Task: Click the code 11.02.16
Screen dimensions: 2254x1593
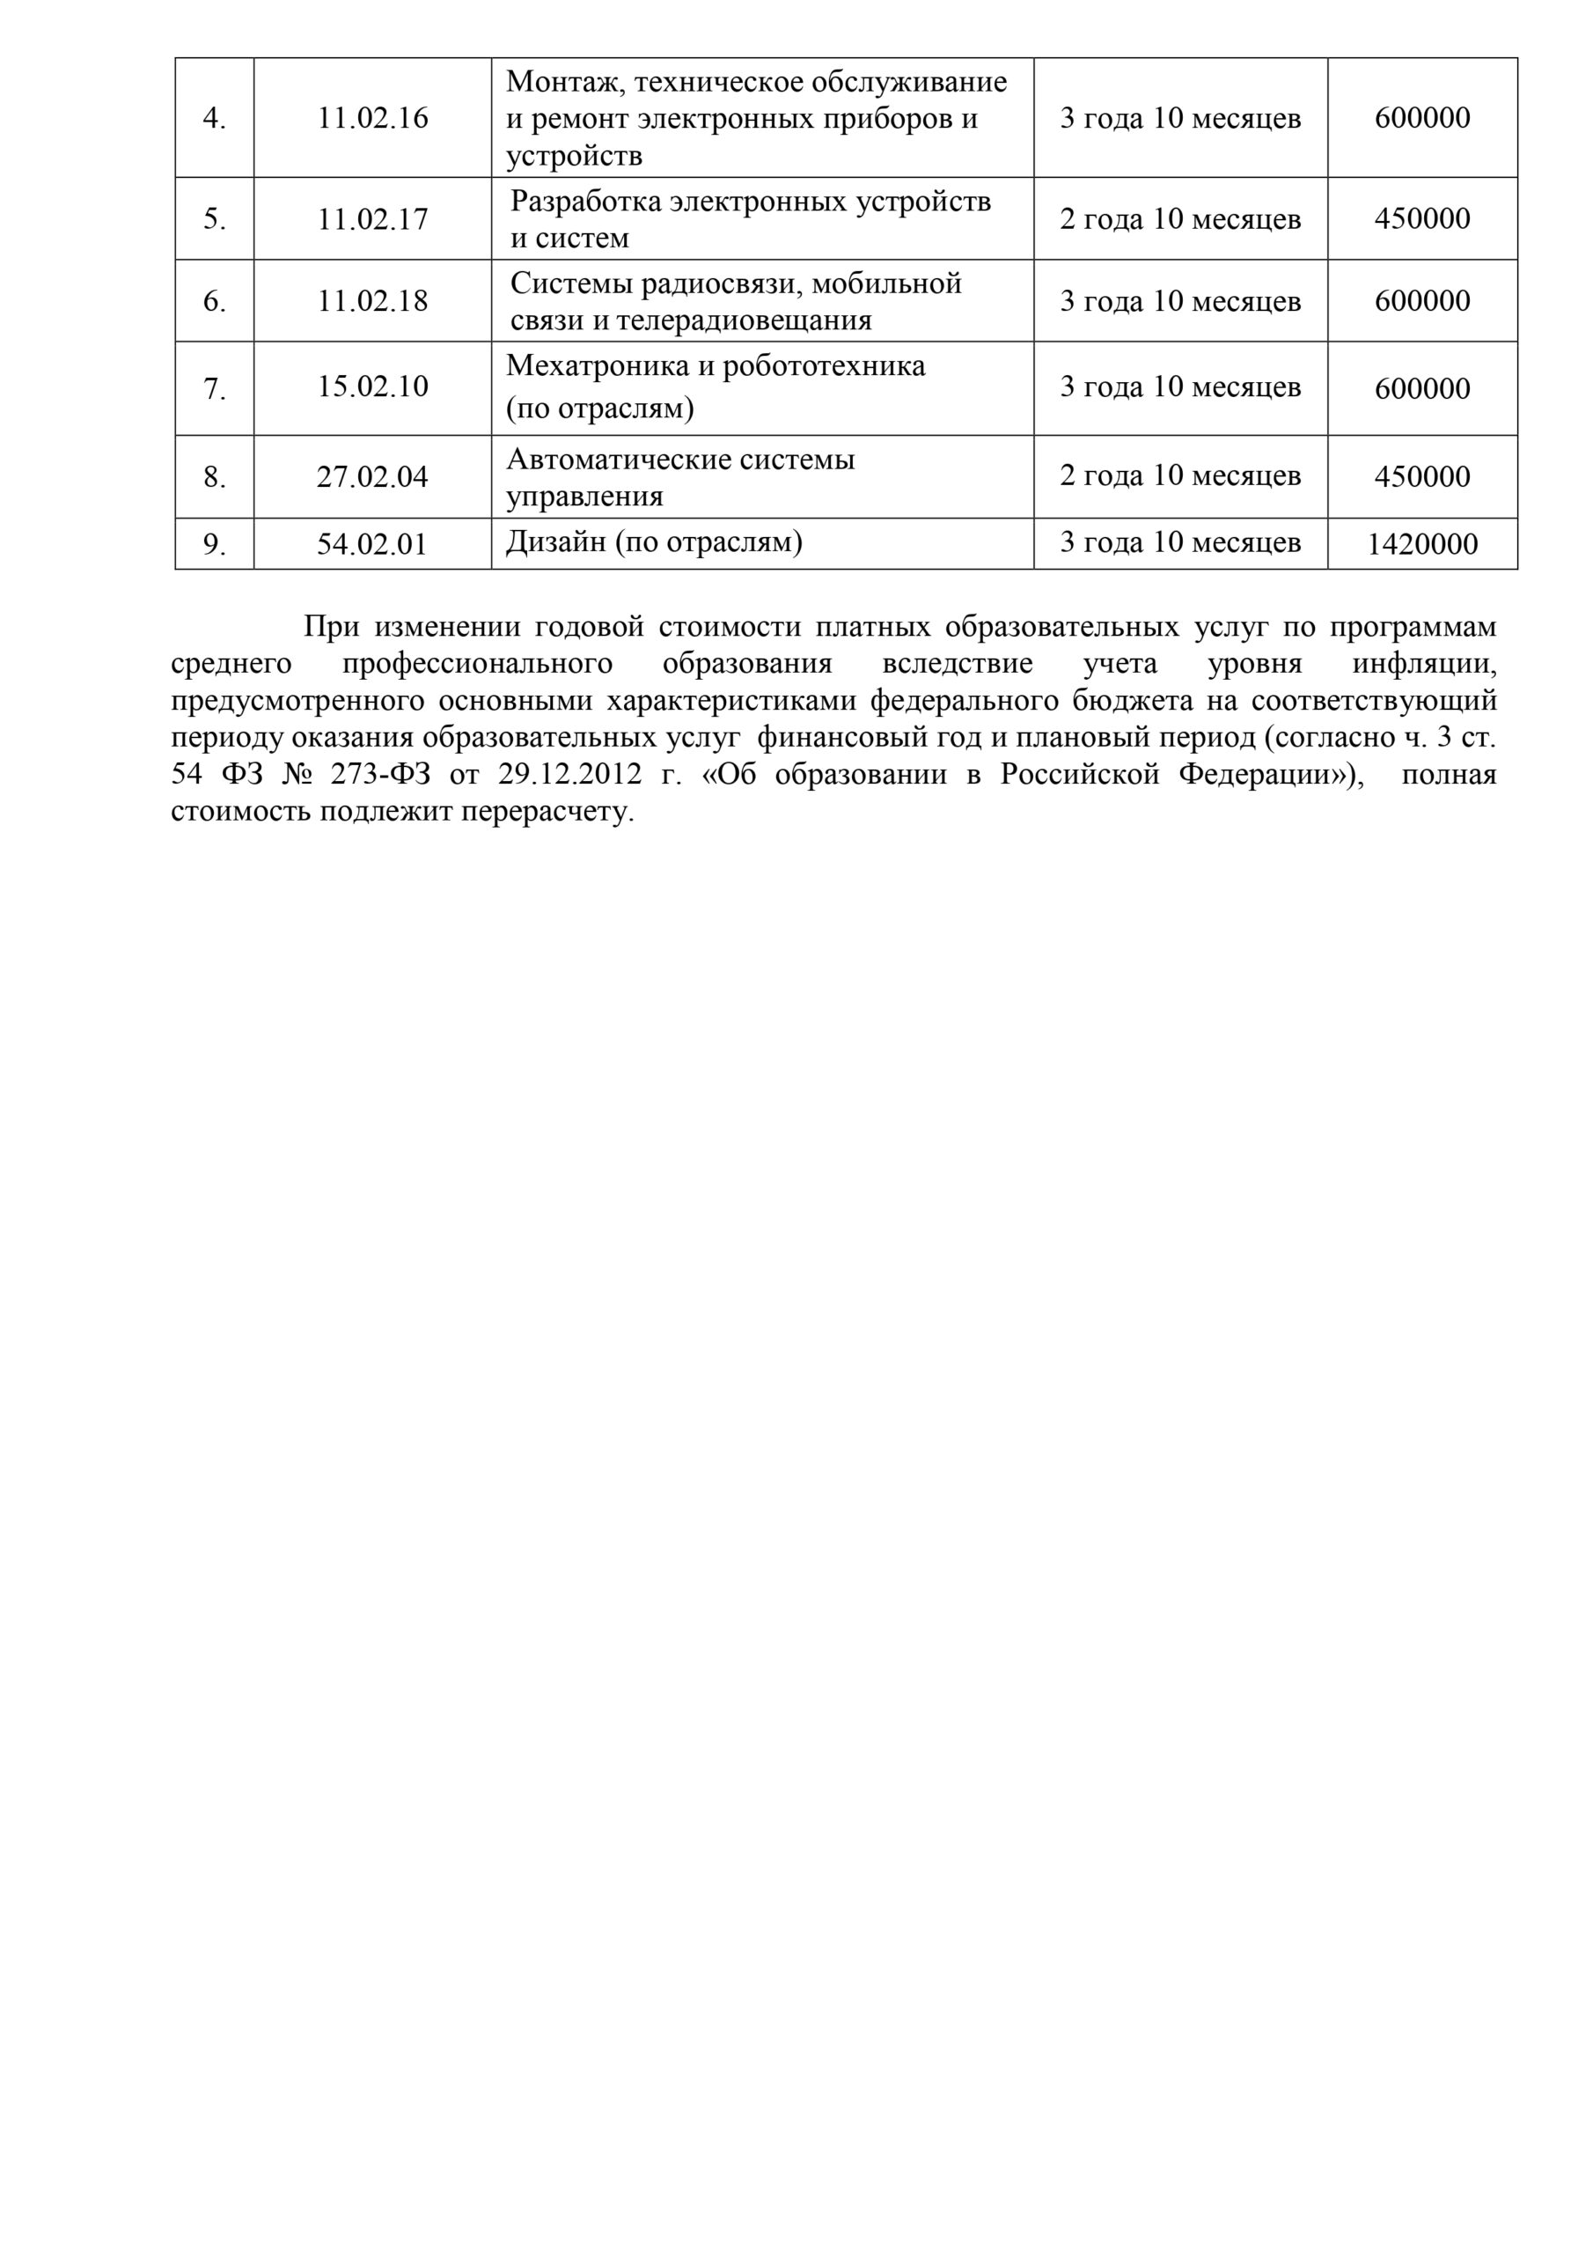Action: tap(372, 118)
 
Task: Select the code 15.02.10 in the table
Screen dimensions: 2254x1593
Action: tap(372, 386)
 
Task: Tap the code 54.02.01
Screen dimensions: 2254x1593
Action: tap(372, 544)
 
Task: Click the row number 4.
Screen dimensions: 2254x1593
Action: tap(214, 119)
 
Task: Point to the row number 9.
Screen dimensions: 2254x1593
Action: tap(214, 544)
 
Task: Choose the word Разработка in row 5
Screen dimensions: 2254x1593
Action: tap(586, 202)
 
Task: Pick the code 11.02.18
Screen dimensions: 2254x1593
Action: tap(372, 300)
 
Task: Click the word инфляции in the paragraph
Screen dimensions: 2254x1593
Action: tap(1424, 664)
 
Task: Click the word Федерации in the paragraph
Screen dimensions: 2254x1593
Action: tap(1266, 775)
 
